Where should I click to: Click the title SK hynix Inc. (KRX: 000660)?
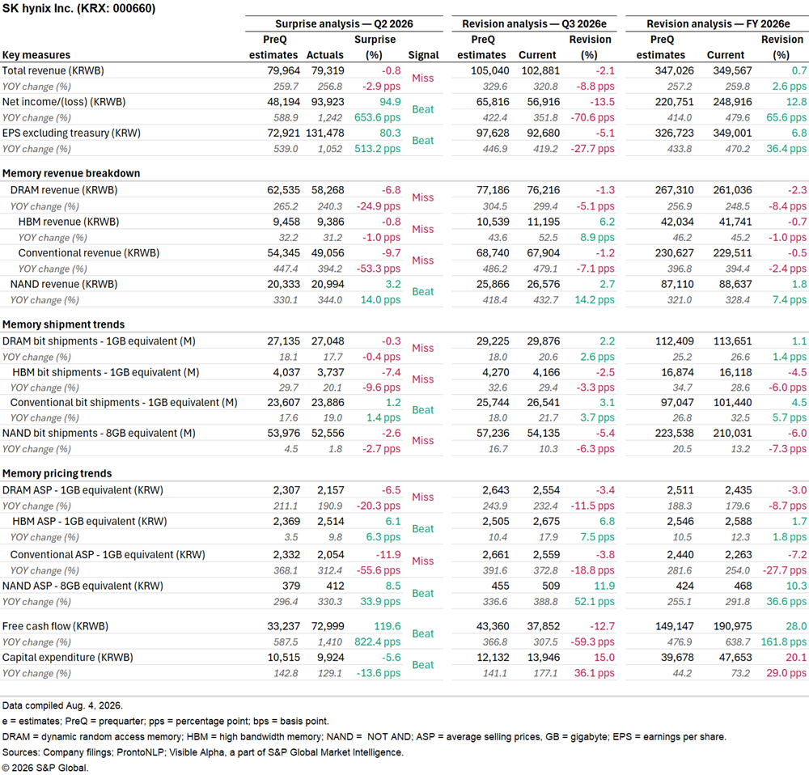79,9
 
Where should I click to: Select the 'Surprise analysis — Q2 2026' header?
344,23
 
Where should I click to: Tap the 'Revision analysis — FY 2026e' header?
718,23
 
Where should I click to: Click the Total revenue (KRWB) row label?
53,70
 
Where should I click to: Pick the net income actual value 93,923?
328,102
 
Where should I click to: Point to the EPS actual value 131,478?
325,133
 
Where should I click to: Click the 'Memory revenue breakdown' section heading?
71,173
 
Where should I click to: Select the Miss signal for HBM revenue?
422,229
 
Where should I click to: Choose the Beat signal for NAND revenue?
422,291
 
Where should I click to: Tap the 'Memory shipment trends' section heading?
63,324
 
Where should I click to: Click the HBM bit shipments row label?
106,372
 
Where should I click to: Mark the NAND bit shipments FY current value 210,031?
732,433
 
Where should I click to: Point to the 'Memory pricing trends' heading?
57,474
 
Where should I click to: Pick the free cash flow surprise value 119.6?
388,626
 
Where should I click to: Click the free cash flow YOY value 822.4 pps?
377,642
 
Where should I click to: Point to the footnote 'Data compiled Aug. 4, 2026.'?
62,705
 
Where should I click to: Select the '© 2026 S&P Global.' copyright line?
45,768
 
